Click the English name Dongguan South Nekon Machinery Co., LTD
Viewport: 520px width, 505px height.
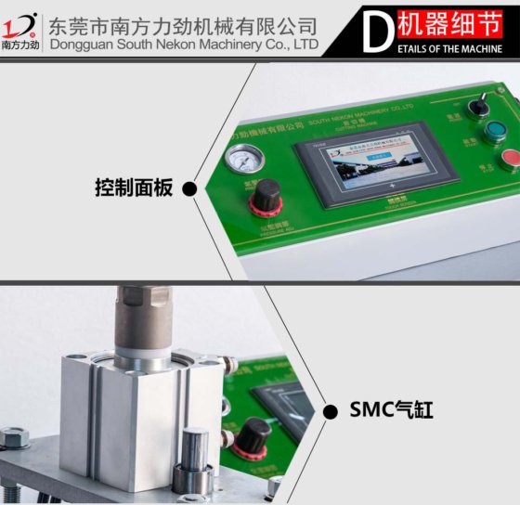pos(182,44)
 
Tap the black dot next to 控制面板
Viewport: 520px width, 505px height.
pos(189,189)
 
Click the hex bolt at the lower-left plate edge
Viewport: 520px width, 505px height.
pos(15,436)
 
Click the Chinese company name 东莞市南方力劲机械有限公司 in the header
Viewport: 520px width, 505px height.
pos(182,23)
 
